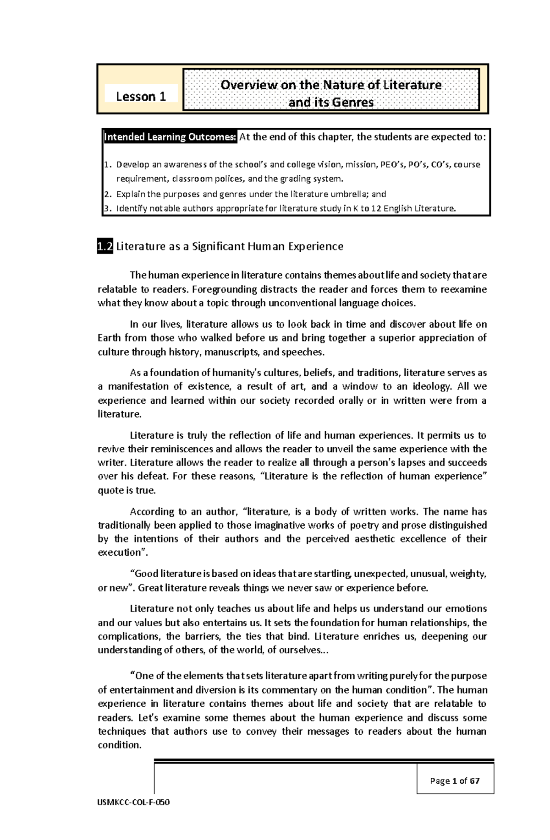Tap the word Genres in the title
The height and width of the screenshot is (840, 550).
tap(351, 103)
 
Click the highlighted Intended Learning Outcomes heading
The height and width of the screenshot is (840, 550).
tap(170, 136)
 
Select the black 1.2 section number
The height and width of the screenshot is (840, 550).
tap(105, 247)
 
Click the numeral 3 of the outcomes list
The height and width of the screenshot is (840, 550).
tap(107, 209)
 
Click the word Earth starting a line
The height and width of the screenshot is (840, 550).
tap(109, 338)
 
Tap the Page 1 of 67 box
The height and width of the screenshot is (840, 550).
tap(455, 781)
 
